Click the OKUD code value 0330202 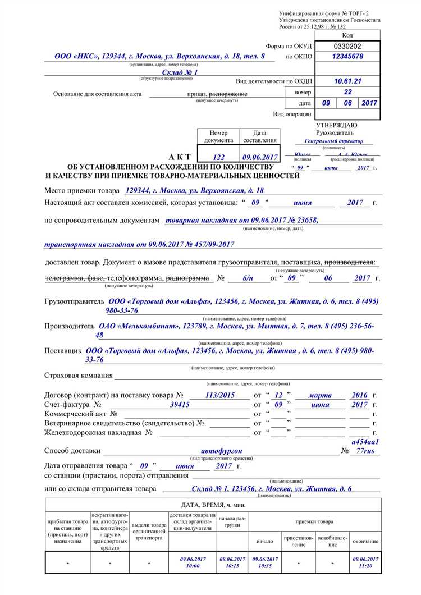(x=348, y=45)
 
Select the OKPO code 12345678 (x=348, y=57)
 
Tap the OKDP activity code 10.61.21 (x=348, y=81)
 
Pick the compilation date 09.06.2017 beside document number (x=260, y=158)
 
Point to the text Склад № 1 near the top (x=180, y=72)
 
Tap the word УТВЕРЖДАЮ (x=337, y=125)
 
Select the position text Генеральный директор (x=334, y=141)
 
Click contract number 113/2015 (x=220, y=395)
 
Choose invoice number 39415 (x=180, y=404)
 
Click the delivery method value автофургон (x=222, y=450)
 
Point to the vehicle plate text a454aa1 (x=365, y=442)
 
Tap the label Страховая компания (x=79, y=375)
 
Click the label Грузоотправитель (x=75, y=301)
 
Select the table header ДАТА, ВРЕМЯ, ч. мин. (x=213, y=505)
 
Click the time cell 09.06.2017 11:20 (x=365, y=562)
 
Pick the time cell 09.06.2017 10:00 (x=192, y=562)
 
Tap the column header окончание (x=365, y=541)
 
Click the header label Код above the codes (x=347, y=35)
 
